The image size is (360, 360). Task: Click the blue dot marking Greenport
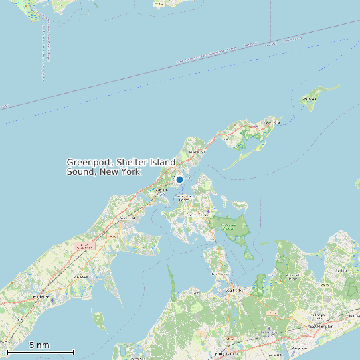tap(179, 179)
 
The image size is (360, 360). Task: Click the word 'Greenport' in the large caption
tap(92, 162)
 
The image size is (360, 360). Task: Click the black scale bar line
tap(40, 352)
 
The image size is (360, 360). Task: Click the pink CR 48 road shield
tap(84, 246)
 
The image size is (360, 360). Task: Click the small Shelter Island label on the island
tap(197, 215)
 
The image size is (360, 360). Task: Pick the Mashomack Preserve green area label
tap(228, 226)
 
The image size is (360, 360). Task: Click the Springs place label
tap(343, 270)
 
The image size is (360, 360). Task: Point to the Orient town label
tap(271, 122)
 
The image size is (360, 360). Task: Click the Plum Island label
tap(308, 99)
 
